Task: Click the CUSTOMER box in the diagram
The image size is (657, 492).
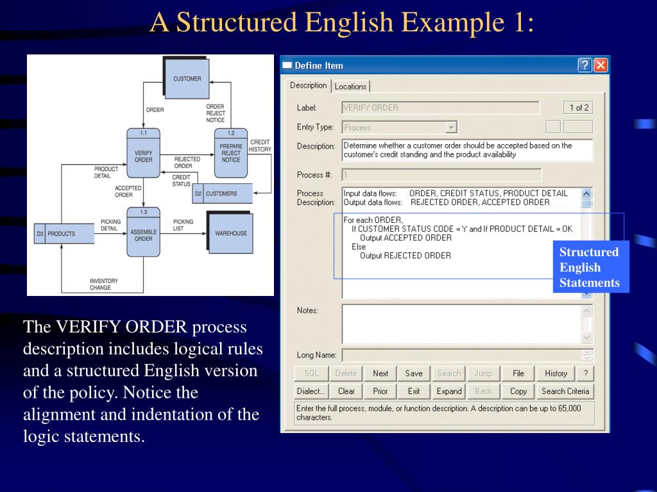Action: tap(187, 79)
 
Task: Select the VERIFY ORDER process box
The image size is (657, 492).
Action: tap(144, 156)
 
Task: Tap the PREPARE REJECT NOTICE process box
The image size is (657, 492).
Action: tap(231, 154)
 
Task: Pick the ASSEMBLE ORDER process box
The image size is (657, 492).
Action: tap(144, 233)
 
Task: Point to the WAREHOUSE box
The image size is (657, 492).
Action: tap(230, 233)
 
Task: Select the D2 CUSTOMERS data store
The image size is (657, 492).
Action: tap(222, 193)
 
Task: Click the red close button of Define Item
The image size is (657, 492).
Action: tap(601, 65)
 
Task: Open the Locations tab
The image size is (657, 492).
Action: tap(350, 86)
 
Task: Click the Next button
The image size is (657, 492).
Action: tap(380, 373)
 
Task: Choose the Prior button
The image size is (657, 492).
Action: tap(380, 391)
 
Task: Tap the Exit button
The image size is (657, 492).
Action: tap(414, 391)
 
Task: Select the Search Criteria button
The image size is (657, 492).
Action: tap(565, 391)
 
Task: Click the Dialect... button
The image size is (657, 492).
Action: tap(311, 391)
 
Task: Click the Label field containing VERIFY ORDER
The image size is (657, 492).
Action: tap(440, 108)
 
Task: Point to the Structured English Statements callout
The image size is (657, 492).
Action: tap(590, 267)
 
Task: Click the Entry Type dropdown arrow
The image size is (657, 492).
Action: tap(451, 127)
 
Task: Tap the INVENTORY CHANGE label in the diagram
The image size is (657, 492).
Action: tap(104, 284)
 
